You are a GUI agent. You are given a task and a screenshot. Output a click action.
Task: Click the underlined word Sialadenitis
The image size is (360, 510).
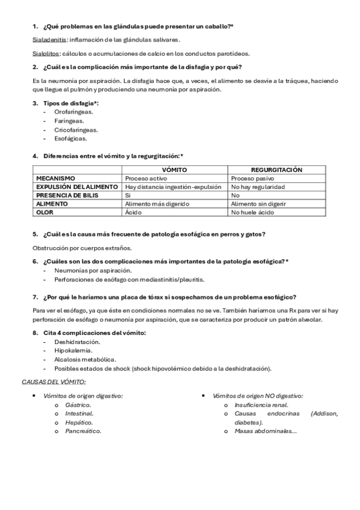[49, 40]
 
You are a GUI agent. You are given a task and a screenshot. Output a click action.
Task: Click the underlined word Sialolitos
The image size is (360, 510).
[46, 53]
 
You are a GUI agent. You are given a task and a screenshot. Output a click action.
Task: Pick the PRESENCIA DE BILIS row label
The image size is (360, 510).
[67, 195]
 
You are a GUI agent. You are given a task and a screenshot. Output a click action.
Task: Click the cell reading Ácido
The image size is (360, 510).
[132, 212]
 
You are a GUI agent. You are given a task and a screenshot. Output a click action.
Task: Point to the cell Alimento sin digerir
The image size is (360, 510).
[258, 204]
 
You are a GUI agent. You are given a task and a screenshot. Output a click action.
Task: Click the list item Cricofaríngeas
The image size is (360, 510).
[76, 129]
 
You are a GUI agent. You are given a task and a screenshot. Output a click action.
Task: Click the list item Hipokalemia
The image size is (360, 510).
[73, 350]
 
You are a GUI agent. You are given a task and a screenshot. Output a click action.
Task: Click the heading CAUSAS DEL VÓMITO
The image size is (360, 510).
[54, 382]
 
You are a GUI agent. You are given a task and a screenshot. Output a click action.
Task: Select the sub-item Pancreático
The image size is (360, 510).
[84, 431]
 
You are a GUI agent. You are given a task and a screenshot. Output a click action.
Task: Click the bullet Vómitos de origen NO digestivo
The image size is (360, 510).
[258, 396]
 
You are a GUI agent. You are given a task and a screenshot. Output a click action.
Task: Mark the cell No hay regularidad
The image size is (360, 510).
[258, 187]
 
